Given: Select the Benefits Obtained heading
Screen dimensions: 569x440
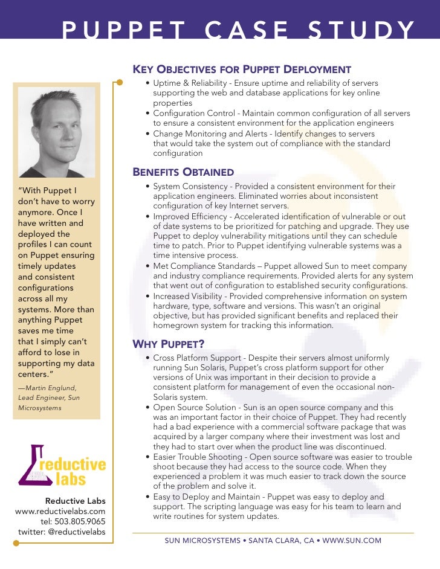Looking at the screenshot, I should [x=183, y=173].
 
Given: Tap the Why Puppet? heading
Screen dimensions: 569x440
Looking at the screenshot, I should [x=168, y=344].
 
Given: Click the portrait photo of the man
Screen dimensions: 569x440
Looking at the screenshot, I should [x=57, y=132].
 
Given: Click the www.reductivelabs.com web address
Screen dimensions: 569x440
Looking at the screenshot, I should [x=60, y=511].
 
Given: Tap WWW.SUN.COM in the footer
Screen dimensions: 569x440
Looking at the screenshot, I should [x=352, y=541].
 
